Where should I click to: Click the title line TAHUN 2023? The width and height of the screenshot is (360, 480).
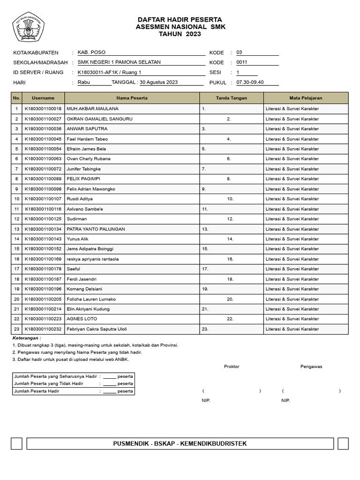[180, 34]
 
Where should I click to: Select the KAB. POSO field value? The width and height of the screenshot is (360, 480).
[91, 52]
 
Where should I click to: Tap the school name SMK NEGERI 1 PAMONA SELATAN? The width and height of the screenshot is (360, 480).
[119, 62]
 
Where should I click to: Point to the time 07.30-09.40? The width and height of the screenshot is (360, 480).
[250, 82]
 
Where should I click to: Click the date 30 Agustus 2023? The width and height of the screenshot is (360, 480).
[158, 82]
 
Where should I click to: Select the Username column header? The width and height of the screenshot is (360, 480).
[43, 98]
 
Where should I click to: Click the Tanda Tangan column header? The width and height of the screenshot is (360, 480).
[232, 98]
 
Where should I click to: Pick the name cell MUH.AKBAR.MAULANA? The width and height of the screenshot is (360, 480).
[93, 109]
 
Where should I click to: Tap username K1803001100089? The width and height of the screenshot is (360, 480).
[43, 179]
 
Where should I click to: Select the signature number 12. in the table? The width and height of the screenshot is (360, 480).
[230, 219]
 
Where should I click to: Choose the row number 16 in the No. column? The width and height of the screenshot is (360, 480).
[16, 259]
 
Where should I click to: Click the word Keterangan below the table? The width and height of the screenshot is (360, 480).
[27, 337]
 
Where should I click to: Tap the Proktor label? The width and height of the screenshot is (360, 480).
[232, 367]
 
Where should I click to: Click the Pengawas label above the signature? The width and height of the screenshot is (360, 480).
[311, 367]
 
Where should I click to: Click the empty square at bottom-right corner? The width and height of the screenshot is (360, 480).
[343, 443]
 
